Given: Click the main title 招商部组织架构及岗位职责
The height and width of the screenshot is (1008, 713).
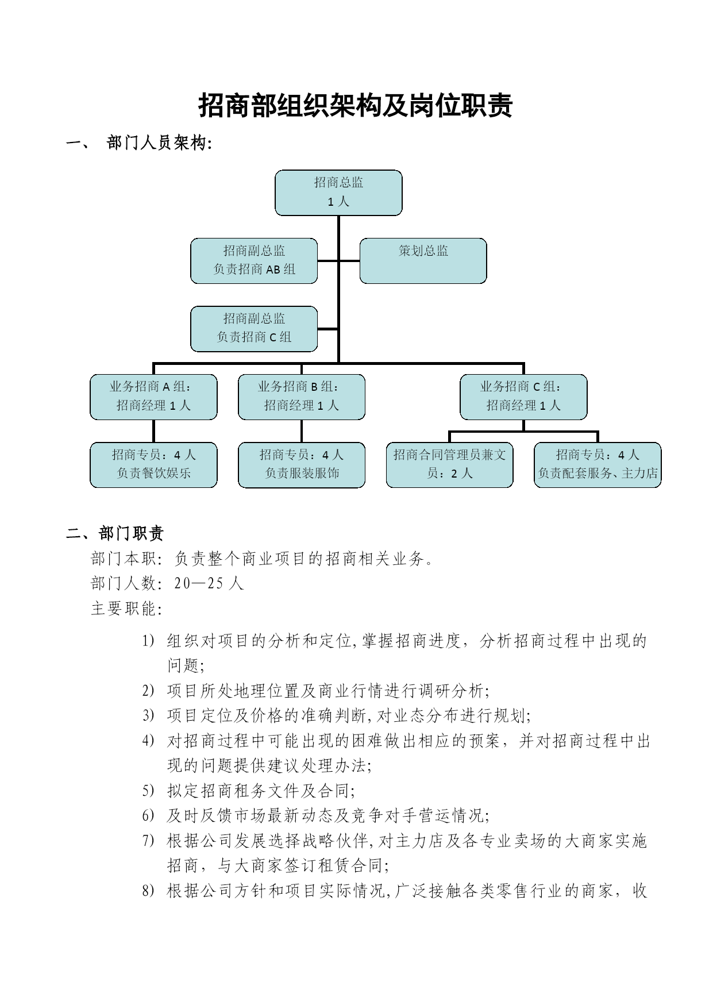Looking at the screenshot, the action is point(356,106).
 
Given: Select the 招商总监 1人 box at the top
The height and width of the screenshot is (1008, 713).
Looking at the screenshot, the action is point(338,193).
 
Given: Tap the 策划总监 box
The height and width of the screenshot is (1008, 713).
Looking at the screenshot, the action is point(423,261).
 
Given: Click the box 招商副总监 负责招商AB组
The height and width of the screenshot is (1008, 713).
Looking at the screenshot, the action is point(254,261).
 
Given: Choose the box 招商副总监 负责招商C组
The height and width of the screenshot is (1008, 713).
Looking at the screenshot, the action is point(254,329).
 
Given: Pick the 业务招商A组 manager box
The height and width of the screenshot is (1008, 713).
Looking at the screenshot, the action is point(153,397).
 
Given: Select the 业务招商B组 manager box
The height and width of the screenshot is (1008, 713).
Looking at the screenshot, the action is point(302,397).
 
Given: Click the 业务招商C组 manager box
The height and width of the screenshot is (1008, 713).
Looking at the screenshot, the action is point(523,397).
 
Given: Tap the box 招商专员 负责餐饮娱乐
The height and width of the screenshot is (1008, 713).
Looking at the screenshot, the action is point(153,465).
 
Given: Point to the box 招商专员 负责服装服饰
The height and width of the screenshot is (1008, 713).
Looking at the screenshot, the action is point(302,465).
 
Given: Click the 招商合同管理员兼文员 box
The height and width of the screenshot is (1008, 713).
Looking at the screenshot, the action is point(449,465).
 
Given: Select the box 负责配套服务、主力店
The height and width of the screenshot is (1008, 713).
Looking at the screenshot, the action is point(598,465).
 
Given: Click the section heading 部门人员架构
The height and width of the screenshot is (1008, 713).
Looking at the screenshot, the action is point(159,143).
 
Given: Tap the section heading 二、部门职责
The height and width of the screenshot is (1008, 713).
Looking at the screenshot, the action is point(115,533).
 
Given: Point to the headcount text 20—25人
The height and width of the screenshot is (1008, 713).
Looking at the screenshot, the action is point(209,583).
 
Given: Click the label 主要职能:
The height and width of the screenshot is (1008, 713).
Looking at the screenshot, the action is point(126,609).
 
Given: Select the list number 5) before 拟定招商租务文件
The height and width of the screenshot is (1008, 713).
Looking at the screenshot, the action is point(148,791).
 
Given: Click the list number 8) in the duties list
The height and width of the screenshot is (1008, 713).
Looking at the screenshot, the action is point(148,891).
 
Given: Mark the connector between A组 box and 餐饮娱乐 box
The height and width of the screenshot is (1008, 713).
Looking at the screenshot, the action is point(153,431).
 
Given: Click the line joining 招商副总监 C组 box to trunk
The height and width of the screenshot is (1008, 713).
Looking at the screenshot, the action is point(327,329).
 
